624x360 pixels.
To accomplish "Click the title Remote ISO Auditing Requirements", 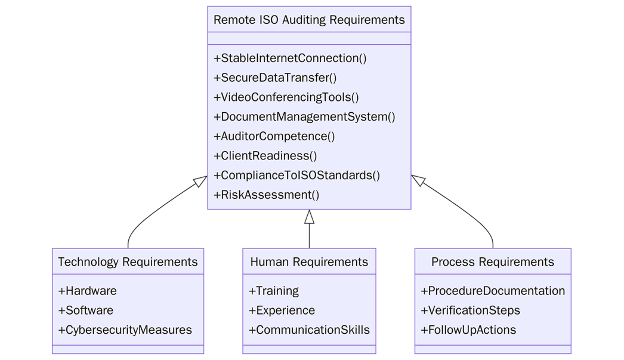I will tap(309, 20).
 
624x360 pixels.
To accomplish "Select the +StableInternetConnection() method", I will tap(290, 59).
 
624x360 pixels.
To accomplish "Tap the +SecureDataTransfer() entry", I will tap(275, 78).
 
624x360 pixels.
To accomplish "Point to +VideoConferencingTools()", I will tap(286, 97).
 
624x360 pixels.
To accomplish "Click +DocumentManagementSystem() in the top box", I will tap(304, 117).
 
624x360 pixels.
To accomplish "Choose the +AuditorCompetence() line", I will tap(274, 136).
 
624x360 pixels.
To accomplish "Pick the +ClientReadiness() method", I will tap(265, 156).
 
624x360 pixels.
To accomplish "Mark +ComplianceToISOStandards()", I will tap(296, 176).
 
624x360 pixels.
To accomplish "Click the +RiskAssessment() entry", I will tap(267, 195).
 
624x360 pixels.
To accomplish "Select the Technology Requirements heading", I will tap(128, 262).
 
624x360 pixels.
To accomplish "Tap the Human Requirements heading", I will tap(309, 262).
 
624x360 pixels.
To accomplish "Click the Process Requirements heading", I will tap(493, 262).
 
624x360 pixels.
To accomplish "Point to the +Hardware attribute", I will tap(88, 291).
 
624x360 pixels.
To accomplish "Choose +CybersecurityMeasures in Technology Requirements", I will tap(125, 330).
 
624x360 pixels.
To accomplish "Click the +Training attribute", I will tap(274, 291).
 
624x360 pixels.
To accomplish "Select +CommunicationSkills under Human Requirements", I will tap(309, 330).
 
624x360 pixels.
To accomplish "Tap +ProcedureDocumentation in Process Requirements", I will tap(493, 291).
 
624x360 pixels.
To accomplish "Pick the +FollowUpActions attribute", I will tap(469, 330).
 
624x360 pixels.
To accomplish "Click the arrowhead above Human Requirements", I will tap(309, 217).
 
